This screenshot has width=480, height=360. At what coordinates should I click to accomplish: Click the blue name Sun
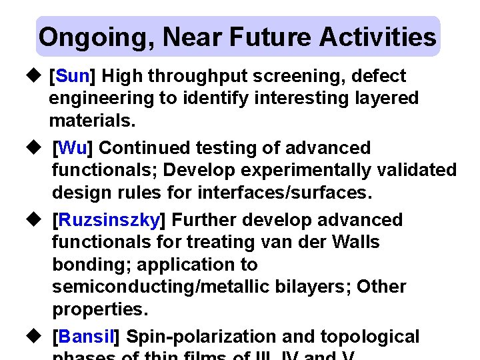pos(73,76)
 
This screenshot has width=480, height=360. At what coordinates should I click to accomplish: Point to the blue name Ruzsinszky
pos(109,220)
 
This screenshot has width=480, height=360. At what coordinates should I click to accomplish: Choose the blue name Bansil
pos(86,337)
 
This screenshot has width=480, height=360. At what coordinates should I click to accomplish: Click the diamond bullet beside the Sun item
pos(37,76)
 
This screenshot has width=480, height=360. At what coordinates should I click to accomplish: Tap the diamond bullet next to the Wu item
pos(37,147)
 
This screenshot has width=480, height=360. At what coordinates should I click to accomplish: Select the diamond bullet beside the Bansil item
pos(37,337)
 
